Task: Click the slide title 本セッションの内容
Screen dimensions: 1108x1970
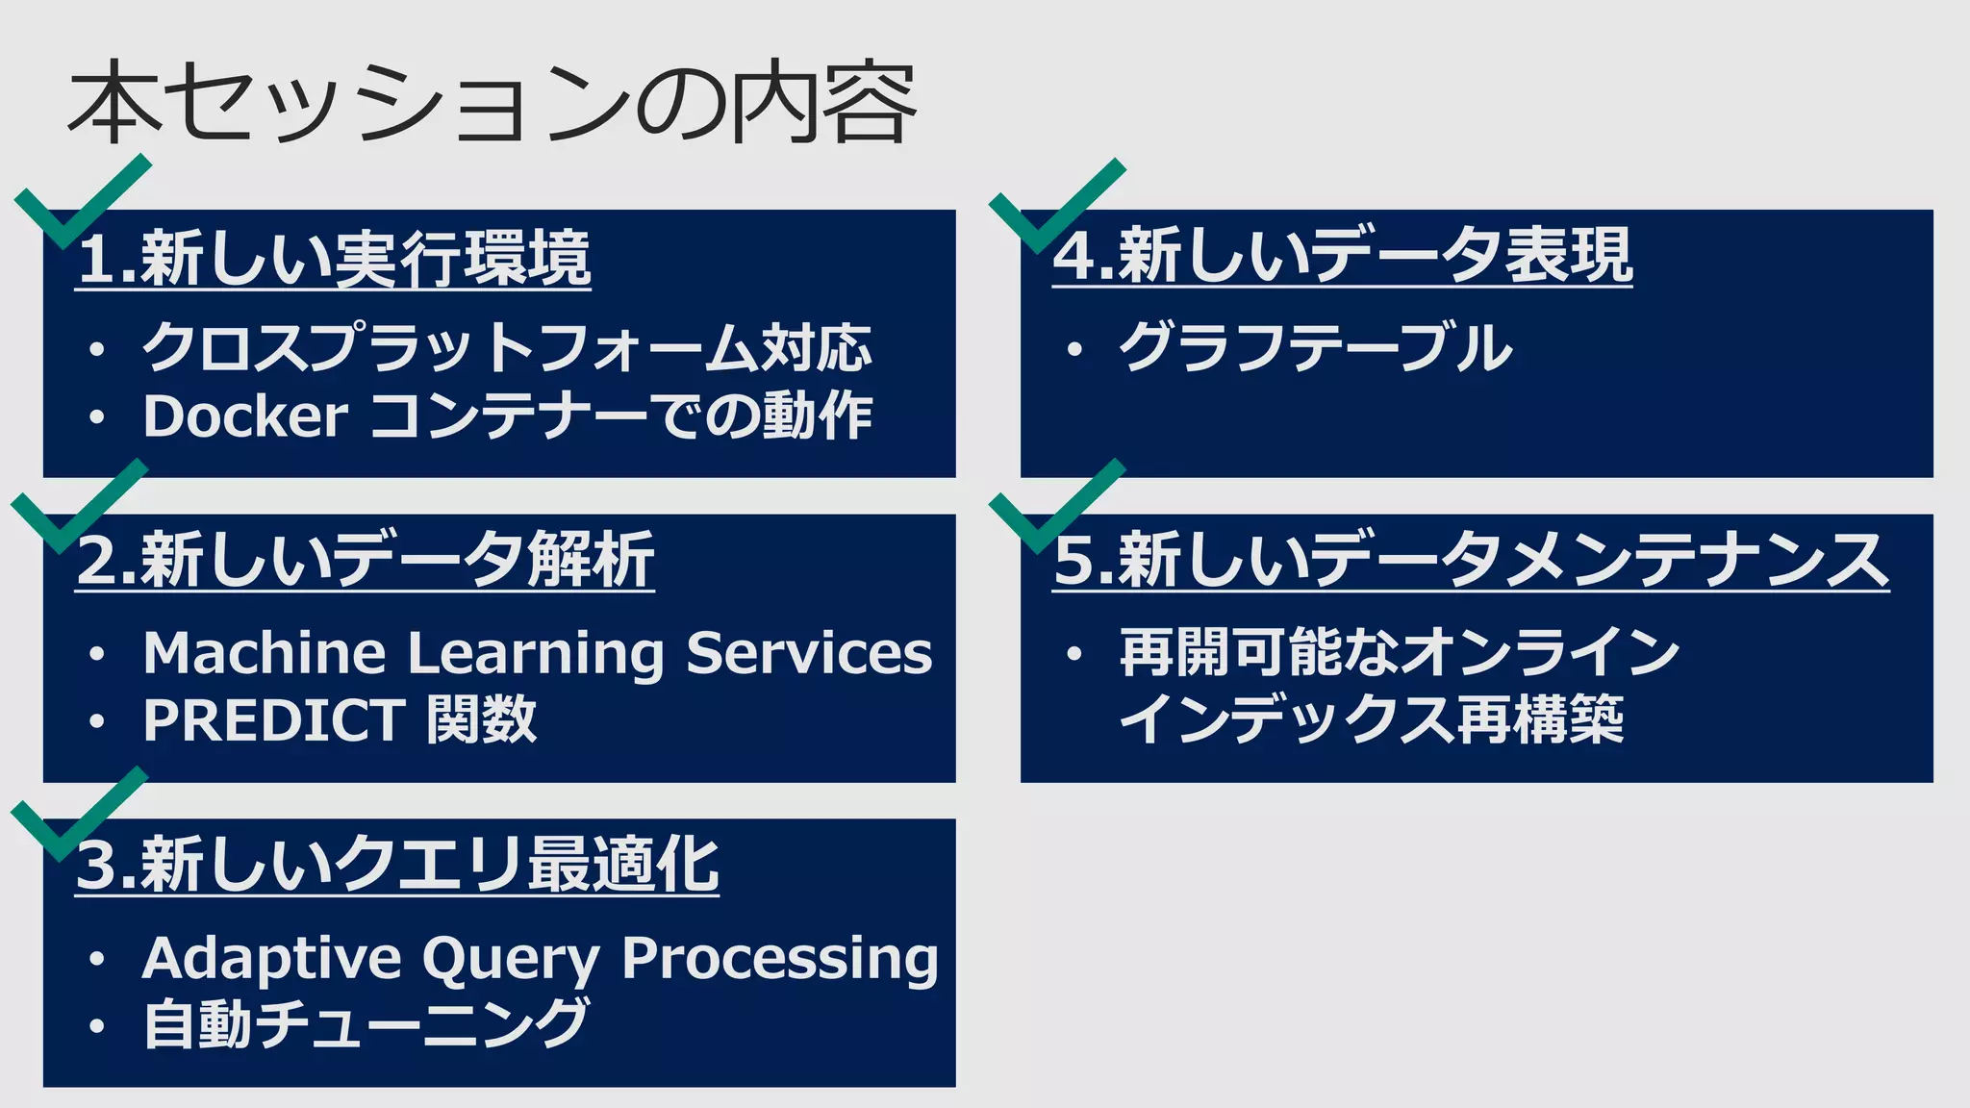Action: [491, 104]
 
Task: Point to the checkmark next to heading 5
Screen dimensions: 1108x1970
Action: [1053, 510]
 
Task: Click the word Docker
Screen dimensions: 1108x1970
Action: [245, 416]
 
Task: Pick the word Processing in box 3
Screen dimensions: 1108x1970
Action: [779, 959]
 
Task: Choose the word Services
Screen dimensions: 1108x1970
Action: [808, 653]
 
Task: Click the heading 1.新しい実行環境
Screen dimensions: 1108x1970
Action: [333, 259]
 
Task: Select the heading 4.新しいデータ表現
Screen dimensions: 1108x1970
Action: [1342, 256]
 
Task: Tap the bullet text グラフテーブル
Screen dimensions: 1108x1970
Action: [1315, 348]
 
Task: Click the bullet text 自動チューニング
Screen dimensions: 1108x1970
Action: [366, 1023]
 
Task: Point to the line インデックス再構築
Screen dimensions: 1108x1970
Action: [1371, 720]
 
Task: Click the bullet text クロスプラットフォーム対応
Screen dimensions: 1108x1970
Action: [507, 348]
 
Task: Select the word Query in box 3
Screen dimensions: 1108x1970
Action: [511, 959]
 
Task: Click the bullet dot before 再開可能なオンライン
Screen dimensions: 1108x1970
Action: [1074, 655]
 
